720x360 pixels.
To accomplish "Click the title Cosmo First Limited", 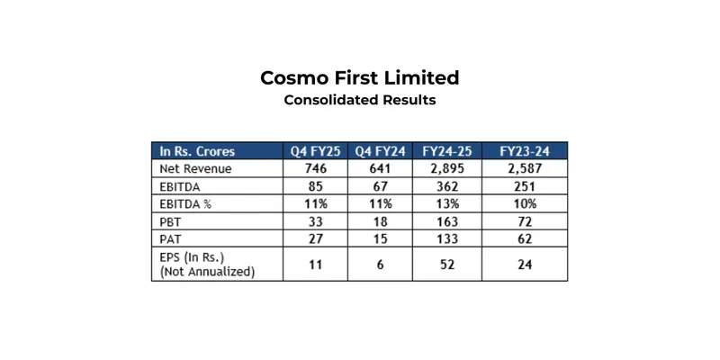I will click(x=359, y=77).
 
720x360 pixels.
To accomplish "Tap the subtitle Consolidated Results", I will click(x=359, y=100).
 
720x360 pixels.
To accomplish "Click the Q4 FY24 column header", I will click(x=379, y=150).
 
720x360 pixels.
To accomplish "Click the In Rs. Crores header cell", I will click(x=198, y=150).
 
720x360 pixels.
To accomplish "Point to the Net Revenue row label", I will click(x=194, y=168).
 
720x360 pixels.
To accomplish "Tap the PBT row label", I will click(x=170, y=222).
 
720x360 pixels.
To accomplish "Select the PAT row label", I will click(x=170, y=240).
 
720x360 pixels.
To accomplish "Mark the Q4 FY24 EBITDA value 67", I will click(x=379, y=186).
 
